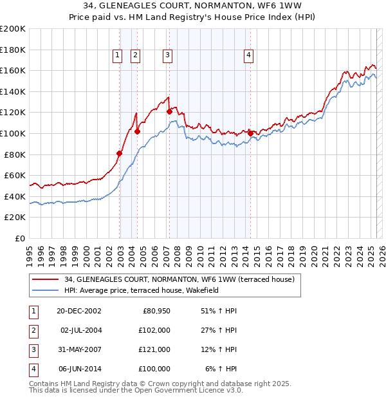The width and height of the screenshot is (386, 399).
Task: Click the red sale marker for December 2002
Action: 120,153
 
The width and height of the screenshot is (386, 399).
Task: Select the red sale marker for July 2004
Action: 137,131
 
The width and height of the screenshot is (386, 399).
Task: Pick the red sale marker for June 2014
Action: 250,133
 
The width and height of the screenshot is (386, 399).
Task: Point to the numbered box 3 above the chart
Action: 167,56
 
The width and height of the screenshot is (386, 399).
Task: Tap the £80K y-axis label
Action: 15,154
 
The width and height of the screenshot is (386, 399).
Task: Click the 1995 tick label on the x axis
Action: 30,252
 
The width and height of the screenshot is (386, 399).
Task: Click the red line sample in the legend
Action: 45,280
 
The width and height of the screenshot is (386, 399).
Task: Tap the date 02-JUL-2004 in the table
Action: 81,330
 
